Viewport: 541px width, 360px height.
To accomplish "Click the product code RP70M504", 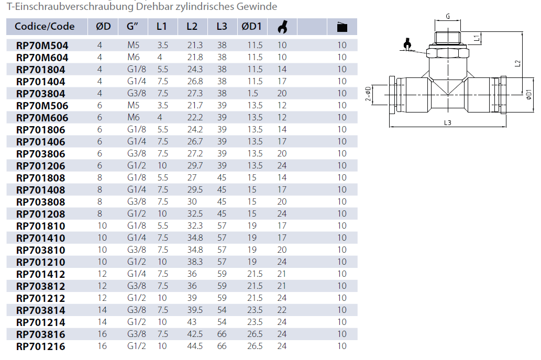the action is tap(42, 46).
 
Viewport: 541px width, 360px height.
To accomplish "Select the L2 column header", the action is tap(192, 27).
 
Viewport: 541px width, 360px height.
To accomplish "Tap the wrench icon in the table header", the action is tap(282, 27).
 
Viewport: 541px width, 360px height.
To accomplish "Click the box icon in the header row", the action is tap(342, 27).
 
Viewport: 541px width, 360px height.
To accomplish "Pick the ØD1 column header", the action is tap(251, 27).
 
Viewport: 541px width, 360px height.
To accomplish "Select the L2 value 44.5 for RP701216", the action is tap(195, 346).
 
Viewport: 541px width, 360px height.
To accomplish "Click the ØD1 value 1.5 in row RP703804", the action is tap(252, 94).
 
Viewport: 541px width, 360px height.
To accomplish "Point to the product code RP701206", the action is tap(41, 166).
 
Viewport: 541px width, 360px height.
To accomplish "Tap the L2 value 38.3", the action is tap(195, 262).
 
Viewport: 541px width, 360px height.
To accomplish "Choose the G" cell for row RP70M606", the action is tap(133, 118).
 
